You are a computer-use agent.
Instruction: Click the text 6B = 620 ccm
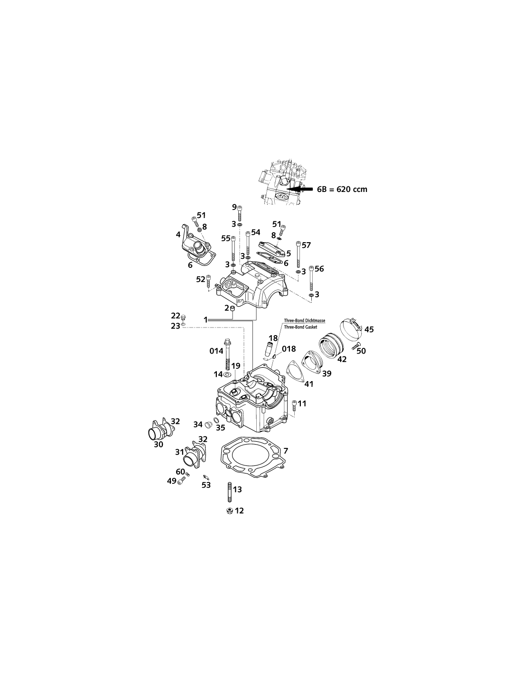click(x=342, y=189)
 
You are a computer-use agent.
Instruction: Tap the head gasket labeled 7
click(x=224, y=452)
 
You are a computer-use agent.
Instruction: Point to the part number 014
click(x=216, y=351)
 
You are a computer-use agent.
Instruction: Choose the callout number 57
click(x=306, y=245)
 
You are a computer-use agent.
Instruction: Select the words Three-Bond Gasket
click(x=300, y=327)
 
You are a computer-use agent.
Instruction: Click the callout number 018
click(x=289, y=349)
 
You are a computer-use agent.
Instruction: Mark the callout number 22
click(x=176, y=316)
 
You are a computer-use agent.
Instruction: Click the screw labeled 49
click(x=181, y=481)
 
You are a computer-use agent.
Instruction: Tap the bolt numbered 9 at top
click(x=240, y=213)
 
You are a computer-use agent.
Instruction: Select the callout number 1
click(x=205, y=319)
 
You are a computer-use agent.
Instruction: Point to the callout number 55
click(x=226, y=238)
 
